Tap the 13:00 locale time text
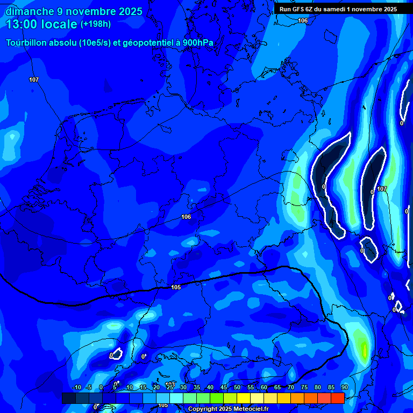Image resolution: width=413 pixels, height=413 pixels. pyautogui.click(x=41, y=24)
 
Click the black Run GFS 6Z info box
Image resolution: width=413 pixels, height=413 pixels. pyautogui.click(x=338, y=9)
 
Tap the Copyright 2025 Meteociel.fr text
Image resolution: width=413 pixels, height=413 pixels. pyautogui.click(x=228, y=409)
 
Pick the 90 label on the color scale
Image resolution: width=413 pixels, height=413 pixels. pyautogui.click(x=345, y=388)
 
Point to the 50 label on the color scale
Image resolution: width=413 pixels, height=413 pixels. pyautogui.click(x=237, y=388)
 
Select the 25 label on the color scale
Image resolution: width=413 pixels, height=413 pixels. pyautogui.click(x=170, y=388)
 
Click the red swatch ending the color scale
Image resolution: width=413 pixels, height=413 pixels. pyautogui.click(x=338, y=398)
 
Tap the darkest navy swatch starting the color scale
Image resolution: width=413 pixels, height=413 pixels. pyautogui.click(x=69, y=398)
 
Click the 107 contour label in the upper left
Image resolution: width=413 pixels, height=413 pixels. pyautogui.click(x=34, y=80)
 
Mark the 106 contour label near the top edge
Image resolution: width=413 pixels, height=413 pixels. pyautogui.click(x=303, y=20)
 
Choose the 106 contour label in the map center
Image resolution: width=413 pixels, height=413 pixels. pyautogui.click(x=186, y=217)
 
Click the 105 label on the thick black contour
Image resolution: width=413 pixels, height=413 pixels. pyautogui.click(x=176, y=287)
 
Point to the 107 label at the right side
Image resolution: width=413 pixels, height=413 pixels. pyautogui.click(x=382, y=189)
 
